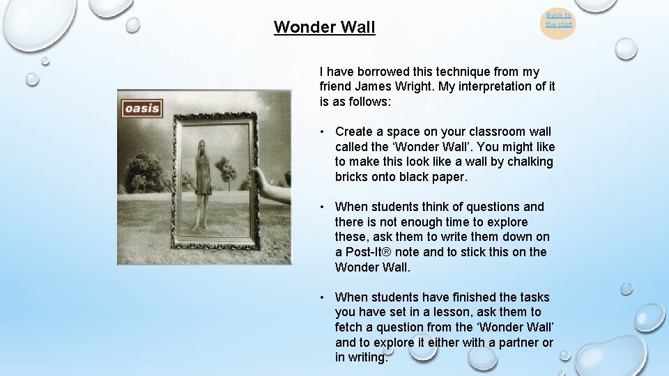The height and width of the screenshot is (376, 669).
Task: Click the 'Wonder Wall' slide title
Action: tap(324, 27)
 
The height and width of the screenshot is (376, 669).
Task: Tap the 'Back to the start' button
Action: tap(558, 19)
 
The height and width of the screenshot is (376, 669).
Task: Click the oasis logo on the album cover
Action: tap(143, 108)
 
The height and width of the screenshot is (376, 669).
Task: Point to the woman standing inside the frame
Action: tap(203, 181)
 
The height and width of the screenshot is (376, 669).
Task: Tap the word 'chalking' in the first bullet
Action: tap(530, 162)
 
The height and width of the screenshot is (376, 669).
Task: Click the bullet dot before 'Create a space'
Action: tap(323, 132)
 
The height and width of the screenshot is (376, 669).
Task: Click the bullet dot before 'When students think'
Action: tap(323, 207)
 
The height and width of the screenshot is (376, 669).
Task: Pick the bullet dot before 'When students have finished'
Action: tap(323, 297)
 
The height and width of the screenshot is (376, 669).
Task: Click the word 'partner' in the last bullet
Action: tap(516, 343)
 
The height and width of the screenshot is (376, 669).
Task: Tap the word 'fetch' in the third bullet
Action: tap(350, 327)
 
